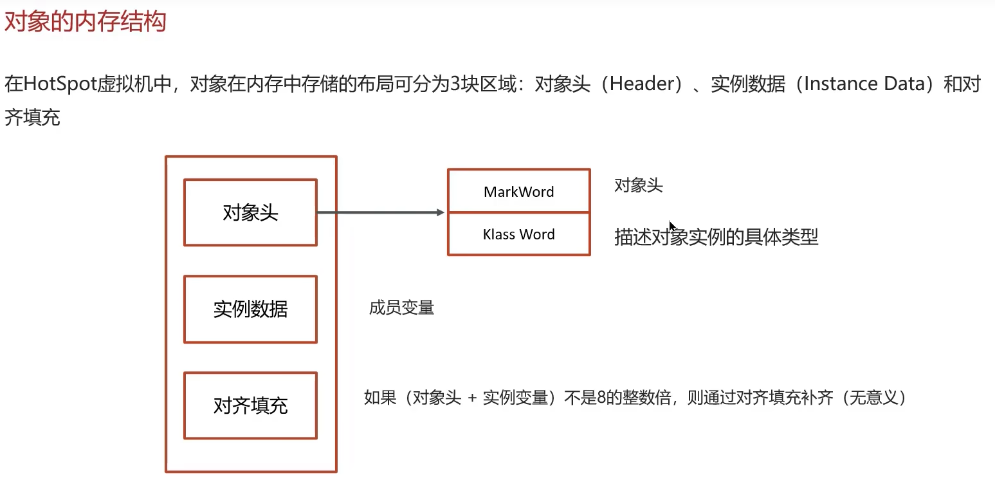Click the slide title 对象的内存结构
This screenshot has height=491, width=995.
coord(85,21)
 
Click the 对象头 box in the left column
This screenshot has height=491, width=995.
coord(250,212)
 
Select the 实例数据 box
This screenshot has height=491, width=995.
coord(250,310)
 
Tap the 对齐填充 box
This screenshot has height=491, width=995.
coord(250,405)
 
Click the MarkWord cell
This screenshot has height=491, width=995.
coord(518,191)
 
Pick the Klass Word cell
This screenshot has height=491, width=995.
coord(518,234)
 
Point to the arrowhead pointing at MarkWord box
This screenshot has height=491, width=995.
coord(441,212)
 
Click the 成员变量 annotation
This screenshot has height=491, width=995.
coord(401,308)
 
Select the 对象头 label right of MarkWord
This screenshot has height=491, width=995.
coord(638,186)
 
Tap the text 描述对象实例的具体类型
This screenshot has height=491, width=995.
coord(716,237)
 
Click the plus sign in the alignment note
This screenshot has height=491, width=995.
coord(472,398)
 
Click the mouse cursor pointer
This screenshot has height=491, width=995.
coord(672,227)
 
